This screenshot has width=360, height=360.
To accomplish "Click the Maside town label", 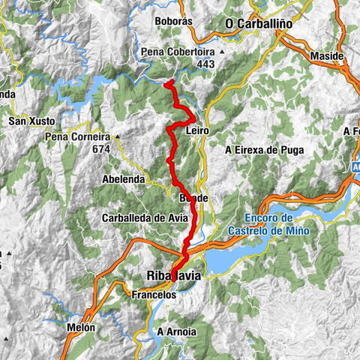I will click(327, 56).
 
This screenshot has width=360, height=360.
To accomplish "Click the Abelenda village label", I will click(124, 180).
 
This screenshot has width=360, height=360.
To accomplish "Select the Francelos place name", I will click(154, 295).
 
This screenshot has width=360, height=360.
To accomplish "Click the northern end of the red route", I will click(166, 82).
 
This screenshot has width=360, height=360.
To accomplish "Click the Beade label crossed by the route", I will click(193, 197).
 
